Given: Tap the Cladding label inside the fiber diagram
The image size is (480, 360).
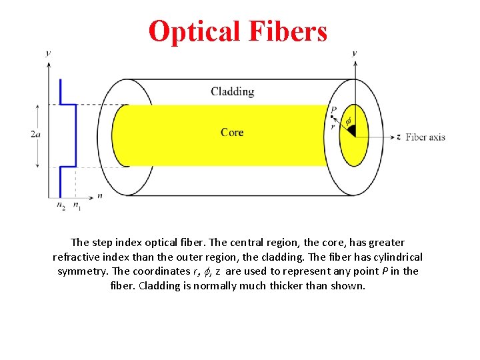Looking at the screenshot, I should (232, 91).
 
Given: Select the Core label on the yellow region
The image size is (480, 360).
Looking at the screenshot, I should (232, 132).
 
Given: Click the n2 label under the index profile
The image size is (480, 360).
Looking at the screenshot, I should (61, 206).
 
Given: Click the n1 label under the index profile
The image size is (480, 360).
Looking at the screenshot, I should (77, 206).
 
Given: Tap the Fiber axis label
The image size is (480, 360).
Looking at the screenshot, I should (425, 137).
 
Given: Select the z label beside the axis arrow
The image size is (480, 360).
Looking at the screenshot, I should (398, 137).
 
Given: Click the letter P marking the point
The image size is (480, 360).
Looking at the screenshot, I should (333, 109).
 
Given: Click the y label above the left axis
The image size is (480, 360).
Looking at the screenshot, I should (48, 53).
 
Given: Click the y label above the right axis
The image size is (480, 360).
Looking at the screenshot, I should (354, 53).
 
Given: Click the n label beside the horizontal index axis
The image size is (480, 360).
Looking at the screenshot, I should (99, 196).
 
